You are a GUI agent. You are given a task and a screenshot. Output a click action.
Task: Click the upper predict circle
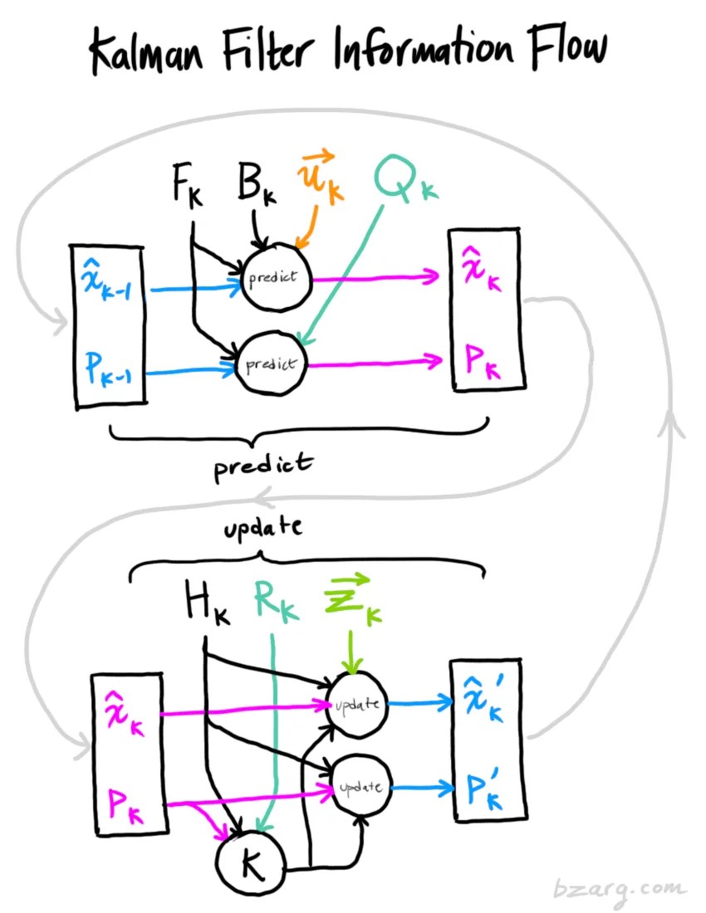274,277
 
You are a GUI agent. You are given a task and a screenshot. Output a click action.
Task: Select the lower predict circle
269,364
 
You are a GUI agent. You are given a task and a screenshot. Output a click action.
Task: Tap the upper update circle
358,705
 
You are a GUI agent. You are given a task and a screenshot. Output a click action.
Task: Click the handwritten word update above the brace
263,528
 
